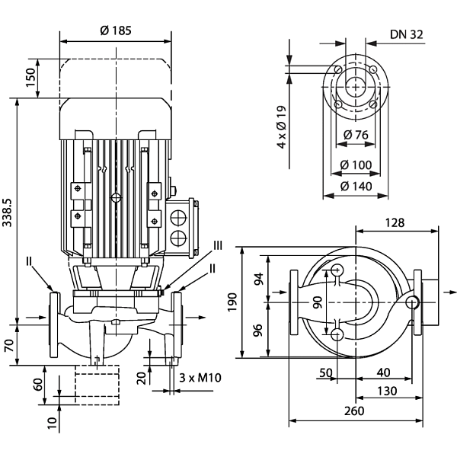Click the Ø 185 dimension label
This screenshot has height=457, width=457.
click(116, 31)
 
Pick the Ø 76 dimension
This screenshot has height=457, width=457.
click(357, 135)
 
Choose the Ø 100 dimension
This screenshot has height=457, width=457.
click(357, 165)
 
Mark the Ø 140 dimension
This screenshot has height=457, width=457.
click(357, 186)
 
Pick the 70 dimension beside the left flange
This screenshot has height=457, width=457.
click(8, 344)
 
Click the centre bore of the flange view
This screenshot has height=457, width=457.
click(355, 86)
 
